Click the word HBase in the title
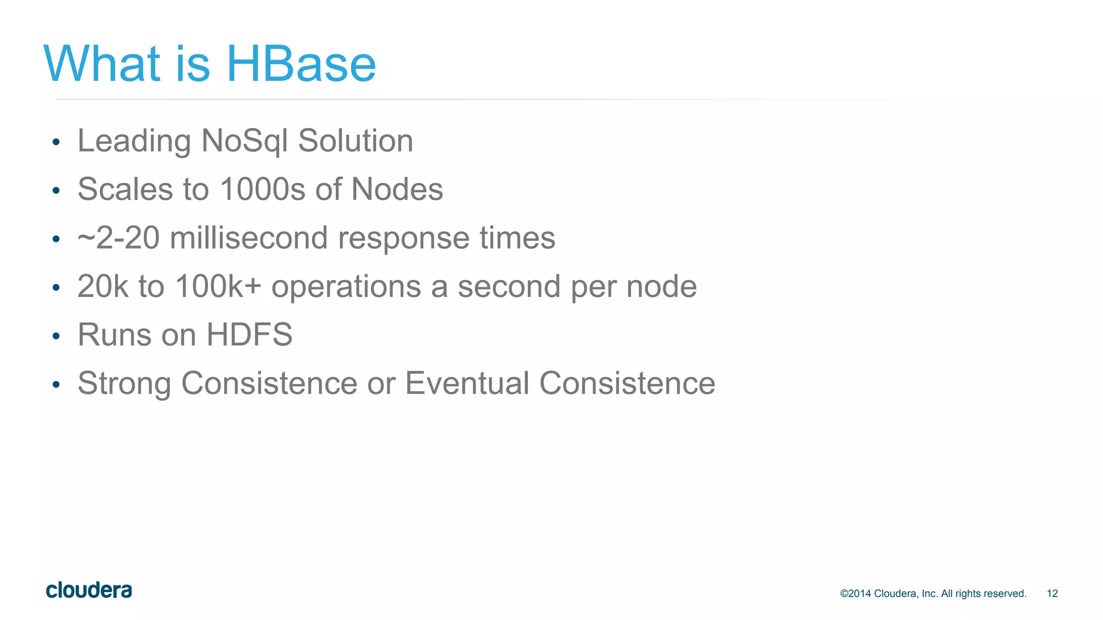tap(301, 64)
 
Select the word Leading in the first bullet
tap(134, 142)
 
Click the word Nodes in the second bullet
tap(397, 189)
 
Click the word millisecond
tap(248, 238)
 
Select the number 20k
tap(103, 286)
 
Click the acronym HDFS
tap(249, 335)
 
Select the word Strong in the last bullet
tap(124, 384)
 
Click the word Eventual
tap(467, 383)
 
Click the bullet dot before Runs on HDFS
tap(56, 337)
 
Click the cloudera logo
tap(89, 590)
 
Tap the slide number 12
tap(1052, 594)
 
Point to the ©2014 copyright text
tap(933, 594)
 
